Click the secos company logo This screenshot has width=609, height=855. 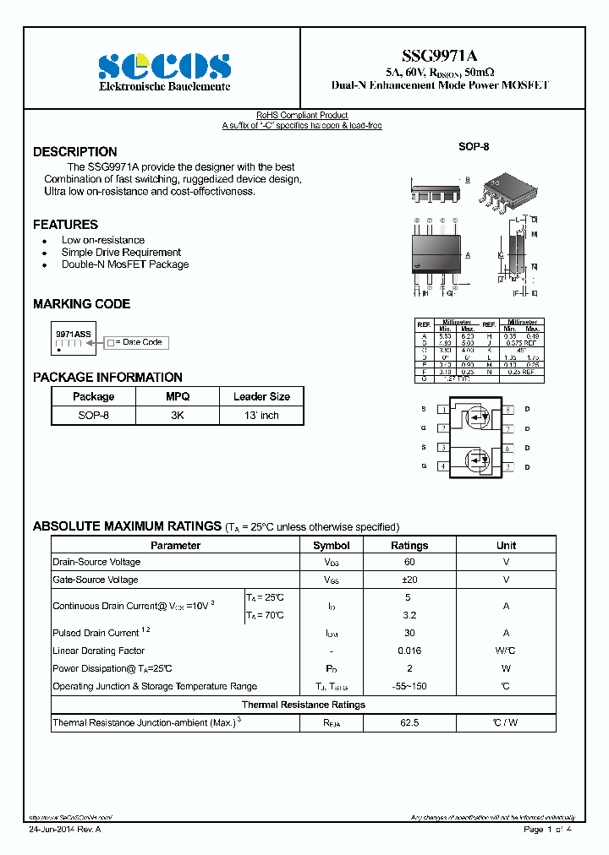[x=164, y=66]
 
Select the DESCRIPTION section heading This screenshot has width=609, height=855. [x=75, y=152]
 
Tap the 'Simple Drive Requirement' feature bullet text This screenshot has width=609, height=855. [x=121, y=253]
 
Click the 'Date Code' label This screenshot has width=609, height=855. [x=141, y=342]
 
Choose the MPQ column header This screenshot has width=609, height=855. [x=178, y=396]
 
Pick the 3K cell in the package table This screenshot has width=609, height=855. [x=178, y=416]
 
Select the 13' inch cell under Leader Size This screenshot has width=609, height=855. [x=261, y=416]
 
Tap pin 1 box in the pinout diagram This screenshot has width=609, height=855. [x=443, y=410]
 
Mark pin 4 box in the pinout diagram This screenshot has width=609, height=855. [x=443, y=466]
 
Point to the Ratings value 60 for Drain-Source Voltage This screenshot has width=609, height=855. [x=409, y=562]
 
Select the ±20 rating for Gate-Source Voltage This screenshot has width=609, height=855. [x=409, y=580]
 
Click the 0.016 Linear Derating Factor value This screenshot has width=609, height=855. [x=409, y=651]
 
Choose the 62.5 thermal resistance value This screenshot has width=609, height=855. [x=409, y=723]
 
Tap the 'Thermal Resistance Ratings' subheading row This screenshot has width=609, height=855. [x=304, y=705]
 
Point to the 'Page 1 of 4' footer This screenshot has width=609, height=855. [x=548, y=830]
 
